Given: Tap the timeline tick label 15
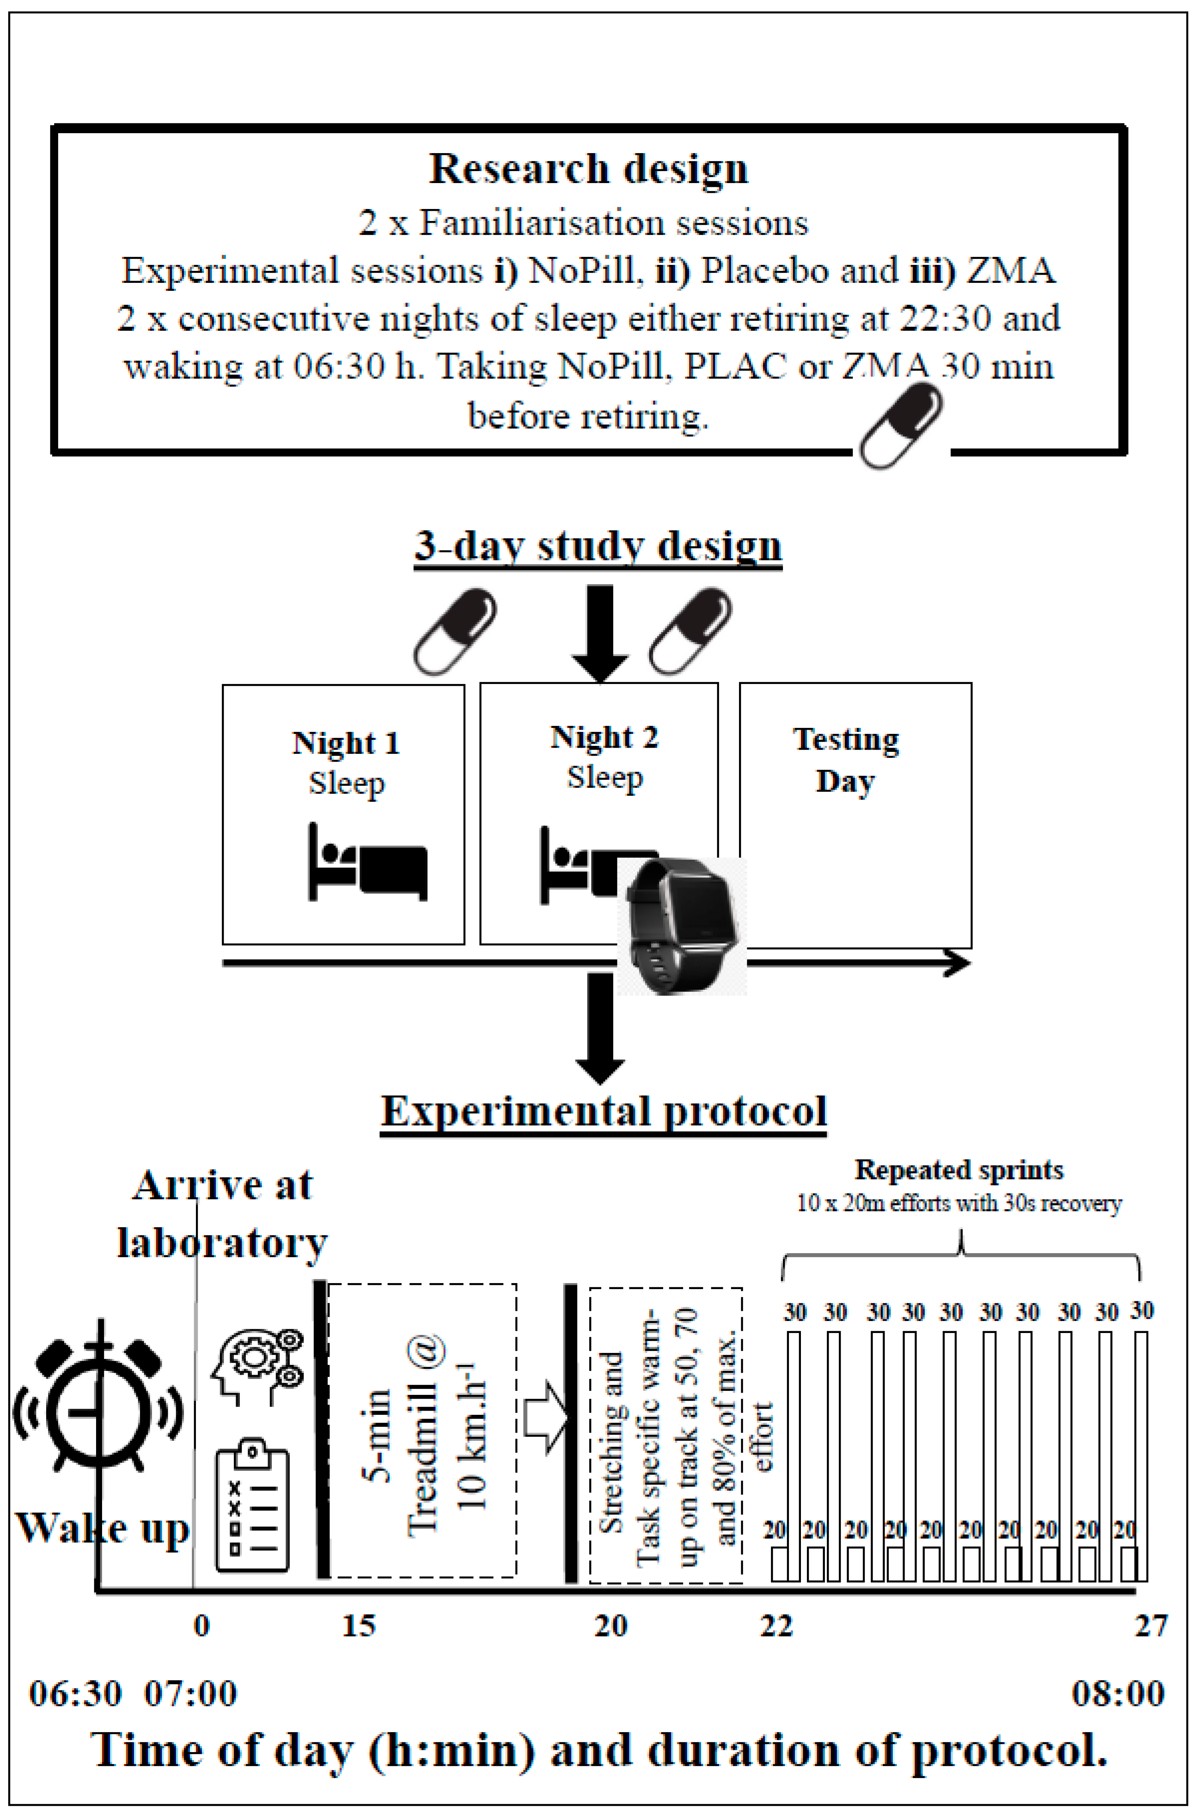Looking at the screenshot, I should tap(358, 1626).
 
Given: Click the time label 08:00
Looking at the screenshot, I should tap(1117, 1694).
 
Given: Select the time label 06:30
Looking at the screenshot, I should tap(75, 1694).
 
